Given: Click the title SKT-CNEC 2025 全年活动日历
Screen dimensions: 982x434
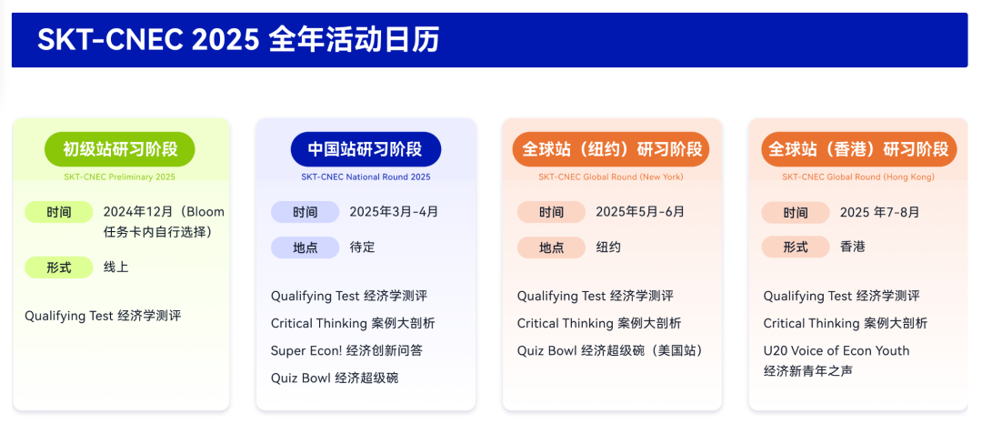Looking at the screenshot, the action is [238, 40].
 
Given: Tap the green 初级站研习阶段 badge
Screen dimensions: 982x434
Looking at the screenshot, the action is [120, 149].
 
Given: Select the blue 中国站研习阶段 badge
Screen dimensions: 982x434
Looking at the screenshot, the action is [366, 149].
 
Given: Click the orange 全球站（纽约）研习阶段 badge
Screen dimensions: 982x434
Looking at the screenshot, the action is [612, 149].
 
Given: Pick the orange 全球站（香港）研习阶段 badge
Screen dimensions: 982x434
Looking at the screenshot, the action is [858, 149].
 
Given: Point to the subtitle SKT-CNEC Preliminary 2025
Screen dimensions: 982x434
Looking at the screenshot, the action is [120, 177].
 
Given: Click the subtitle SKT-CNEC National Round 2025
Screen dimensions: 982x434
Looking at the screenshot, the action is [366, 177].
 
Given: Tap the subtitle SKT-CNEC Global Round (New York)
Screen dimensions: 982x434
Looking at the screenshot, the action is [611, 177].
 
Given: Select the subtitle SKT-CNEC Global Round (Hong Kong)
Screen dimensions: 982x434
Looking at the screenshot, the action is [858, 177].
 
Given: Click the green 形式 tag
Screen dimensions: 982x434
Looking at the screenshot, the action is [59, 267].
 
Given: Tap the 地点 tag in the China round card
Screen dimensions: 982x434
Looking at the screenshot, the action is [305, 247].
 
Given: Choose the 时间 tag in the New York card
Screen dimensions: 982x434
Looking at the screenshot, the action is [551, 212].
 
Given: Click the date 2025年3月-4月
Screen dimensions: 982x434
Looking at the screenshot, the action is [394, 212].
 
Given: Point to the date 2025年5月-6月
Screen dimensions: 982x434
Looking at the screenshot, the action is [640, 212].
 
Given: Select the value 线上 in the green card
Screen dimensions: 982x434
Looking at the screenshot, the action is [115, 267].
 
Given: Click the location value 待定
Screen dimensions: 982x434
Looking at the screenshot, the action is [362, 247].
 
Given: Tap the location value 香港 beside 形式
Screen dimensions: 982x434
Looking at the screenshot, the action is [852, 247].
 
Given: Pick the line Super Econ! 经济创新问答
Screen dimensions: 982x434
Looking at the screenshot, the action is [346, 350].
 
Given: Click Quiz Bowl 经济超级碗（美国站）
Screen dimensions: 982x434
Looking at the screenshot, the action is [611, 350].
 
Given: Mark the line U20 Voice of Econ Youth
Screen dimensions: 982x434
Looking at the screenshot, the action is [837, 350].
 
